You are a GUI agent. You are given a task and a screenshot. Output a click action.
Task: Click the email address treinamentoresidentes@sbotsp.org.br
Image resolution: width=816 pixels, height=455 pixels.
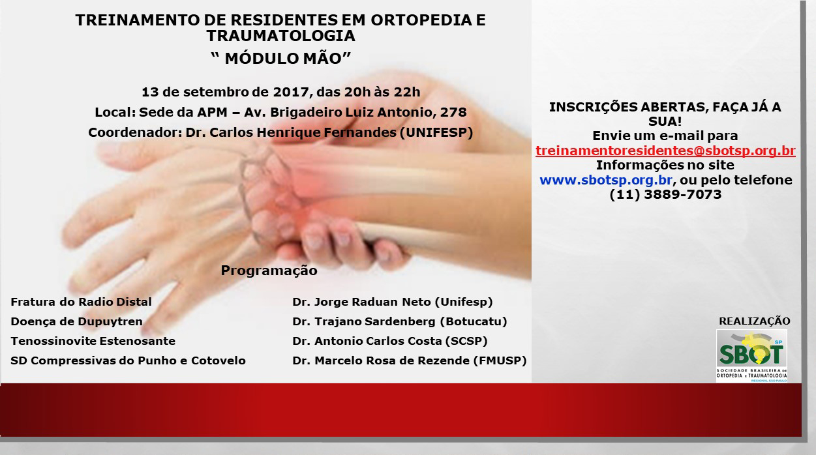click(x=665, y=151)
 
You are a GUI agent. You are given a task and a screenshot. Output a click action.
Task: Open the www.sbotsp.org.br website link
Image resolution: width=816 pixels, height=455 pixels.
click(x=606, y=180)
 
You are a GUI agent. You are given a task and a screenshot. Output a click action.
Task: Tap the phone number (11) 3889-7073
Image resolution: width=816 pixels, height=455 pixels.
click(x=665, y=194)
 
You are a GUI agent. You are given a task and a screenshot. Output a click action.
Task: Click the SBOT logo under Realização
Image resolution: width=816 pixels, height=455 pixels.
click(x=751, y=356)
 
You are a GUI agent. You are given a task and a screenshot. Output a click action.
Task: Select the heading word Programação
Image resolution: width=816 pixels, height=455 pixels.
click(x=269, y=271)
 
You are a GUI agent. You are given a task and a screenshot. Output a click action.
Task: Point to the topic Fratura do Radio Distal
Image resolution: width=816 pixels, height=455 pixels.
click(x=82, y=302)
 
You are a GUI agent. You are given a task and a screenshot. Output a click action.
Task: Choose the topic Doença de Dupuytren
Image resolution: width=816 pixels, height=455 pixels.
click(x=76, y=321)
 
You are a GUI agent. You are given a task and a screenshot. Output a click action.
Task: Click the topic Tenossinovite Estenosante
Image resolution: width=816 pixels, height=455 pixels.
click(x=93, y=341)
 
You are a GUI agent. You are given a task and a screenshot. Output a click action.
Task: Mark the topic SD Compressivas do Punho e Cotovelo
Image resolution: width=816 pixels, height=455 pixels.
click(x=128, y=360)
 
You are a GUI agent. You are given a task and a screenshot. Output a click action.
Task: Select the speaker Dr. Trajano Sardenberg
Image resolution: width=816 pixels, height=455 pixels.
click(x=364, y=321)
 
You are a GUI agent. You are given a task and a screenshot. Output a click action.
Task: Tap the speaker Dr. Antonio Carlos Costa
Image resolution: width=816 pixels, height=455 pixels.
click(x=367, y=341)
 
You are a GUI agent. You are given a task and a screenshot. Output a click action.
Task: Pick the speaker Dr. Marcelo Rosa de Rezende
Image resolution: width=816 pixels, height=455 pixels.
click(x=381, y=360)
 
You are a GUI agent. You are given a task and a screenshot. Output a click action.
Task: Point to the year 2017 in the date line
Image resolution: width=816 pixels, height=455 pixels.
click(x=291, y=92)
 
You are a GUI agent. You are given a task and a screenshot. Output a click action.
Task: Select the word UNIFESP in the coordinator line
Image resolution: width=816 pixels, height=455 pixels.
click(x=436, y=132)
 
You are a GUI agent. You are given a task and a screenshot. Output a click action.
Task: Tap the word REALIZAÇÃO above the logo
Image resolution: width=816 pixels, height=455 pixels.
click(x=755, y=321)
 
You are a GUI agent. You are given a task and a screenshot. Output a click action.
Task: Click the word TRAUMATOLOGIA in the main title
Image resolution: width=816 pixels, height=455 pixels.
click(x=280, y=36)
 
